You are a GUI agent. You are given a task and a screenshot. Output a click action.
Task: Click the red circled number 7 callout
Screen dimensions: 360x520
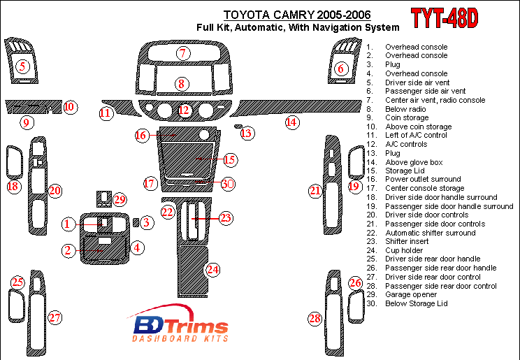(x=183, y=53)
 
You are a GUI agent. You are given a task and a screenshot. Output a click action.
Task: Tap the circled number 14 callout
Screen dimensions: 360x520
(x=291, y=123)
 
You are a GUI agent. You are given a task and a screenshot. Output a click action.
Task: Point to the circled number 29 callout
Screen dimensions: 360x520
(x=120, y=200)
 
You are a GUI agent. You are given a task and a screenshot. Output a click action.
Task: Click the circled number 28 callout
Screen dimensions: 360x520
(x=315, y=319)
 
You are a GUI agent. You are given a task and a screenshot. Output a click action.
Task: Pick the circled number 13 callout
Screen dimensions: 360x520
(x=246, y=133)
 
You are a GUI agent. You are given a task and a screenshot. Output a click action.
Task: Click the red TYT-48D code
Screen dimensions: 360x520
(x=443, y=19)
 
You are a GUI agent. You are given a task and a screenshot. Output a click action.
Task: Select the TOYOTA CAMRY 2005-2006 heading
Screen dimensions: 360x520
(x=297, y=15)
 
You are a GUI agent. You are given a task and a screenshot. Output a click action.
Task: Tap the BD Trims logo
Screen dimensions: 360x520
(x=180, y=326)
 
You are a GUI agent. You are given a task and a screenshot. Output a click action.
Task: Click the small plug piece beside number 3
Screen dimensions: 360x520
(x=135, y=222)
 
